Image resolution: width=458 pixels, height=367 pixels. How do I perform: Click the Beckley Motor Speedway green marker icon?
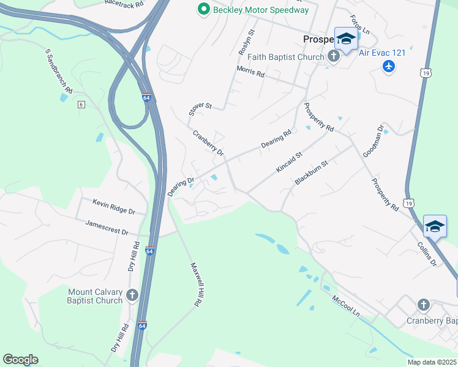pyautogui.click(x=203, y=9)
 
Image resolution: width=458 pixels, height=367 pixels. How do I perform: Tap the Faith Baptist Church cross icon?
pyautogui.click(x=334, y=57)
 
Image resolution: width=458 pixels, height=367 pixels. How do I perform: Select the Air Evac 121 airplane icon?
pyautogui.click(x=388, y=65)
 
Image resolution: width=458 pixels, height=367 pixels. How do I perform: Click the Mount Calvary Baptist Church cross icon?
pyautogui.click(x=132, y=296)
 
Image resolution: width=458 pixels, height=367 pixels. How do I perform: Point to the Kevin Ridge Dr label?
pyautogui.click(x=113, y=206)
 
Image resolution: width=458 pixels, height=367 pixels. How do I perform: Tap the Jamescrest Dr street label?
pyautogui.click(x=107, y=228)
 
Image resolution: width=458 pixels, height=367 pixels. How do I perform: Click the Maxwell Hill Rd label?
pyautogui.click(x=196, y=284)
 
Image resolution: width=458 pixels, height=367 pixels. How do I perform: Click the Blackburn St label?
pyautogui.click(x=312, y=172)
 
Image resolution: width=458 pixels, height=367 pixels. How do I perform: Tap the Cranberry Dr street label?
pyautogui.click(x=208, y=143)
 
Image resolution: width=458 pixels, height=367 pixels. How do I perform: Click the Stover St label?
pyautogui.click(x=200, y=109)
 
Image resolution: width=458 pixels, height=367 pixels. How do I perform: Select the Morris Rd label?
pyautogui.click(x=250, y=72)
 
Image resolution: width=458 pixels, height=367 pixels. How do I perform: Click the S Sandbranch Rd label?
pyautogui.click(x=59, y=72)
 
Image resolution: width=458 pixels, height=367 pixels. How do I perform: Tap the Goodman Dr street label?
pyautogui.click(x=373, y=141)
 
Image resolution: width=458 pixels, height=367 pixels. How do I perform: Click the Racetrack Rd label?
pyautogui.click(x=124, y=4)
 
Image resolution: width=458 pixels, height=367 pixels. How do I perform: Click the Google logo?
pyautogui.click(x=20, y=360)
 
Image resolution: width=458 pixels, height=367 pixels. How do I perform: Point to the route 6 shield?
pyautogui.click(x=80, y=105)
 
